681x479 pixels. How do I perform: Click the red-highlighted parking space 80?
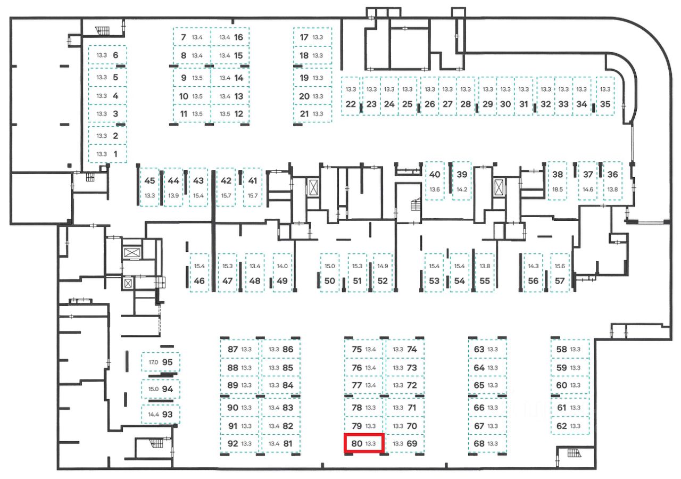coord(364,443)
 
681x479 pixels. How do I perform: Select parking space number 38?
coord(558,175)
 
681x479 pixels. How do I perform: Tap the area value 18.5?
coord(558,189)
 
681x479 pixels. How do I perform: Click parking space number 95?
coord(168,362)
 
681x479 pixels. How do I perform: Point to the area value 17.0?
coord(153,362)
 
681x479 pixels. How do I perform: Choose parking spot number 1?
coord(116,154)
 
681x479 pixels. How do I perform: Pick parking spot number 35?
coord(605,104)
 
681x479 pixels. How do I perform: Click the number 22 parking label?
coord(350,104)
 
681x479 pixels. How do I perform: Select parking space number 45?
coord(150,181)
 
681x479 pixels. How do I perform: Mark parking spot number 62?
coord(561,426)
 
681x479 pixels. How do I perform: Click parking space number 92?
coord(232,443)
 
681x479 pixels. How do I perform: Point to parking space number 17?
coord(304,37)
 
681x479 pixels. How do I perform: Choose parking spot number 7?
coord(184,37)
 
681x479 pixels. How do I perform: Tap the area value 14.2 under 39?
coord(462,189)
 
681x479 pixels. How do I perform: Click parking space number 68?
coord(479,443)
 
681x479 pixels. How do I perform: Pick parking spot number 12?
coord(238,113)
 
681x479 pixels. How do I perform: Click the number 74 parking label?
coord(412,350)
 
